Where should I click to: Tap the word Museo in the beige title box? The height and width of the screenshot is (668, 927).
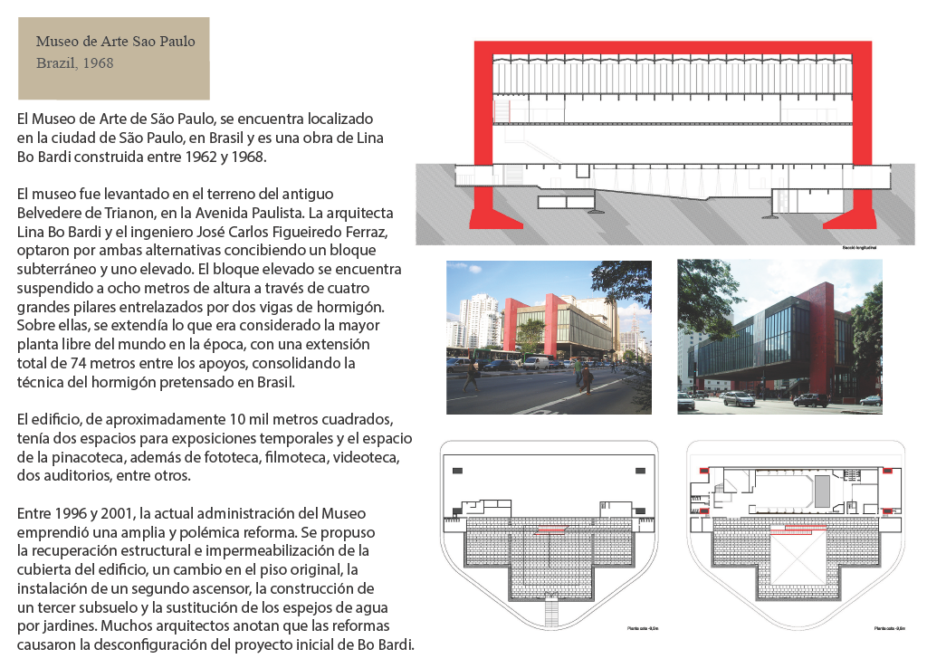(x=56, y=42)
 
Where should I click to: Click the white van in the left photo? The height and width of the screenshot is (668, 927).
(x=537, y=362)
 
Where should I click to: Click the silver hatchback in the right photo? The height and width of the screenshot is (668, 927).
(x=739, y=398)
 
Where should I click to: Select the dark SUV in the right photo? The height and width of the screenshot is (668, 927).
(x=809, y=399)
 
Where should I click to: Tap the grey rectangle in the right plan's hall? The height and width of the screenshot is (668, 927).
(x=822, y=491)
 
